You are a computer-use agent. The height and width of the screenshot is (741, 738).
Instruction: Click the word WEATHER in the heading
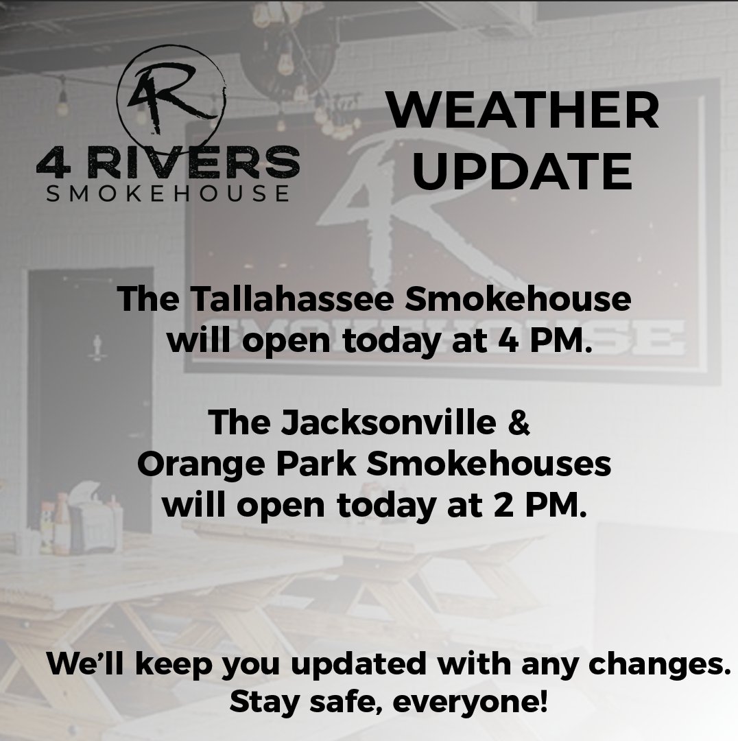523,113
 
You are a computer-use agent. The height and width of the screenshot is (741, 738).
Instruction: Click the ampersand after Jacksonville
520,422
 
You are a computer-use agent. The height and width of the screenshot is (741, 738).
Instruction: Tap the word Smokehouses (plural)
488,464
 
